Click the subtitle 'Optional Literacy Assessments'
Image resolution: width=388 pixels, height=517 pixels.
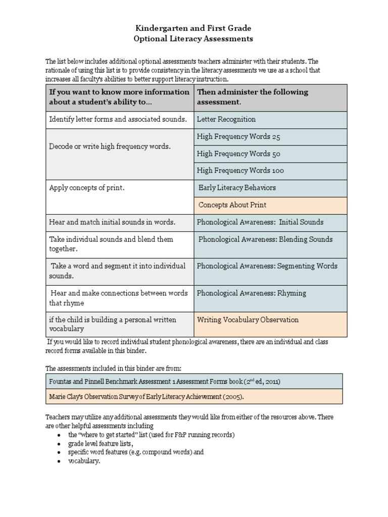193,38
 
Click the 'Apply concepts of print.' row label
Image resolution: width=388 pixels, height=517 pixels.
87,188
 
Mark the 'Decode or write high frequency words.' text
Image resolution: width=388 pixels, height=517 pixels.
110,146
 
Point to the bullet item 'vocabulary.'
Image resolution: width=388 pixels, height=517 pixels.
84,461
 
